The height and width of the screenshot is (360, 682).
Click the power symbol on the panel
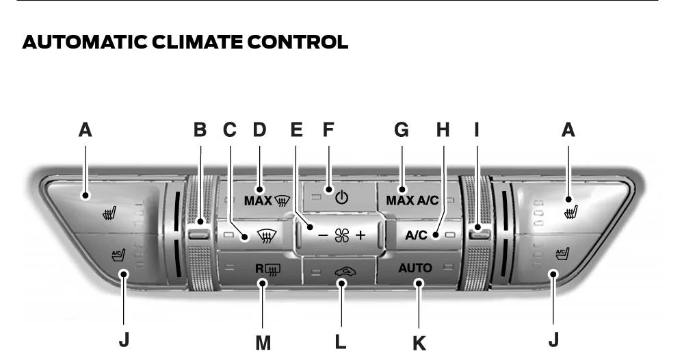click(342, 198)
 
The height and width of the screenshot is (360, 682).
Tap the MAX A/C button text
click(412, 201)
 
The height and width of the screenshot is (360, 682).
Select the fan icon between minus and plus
click(342, 235)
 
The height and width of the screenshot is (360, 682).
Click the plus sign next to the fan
click(360, 235)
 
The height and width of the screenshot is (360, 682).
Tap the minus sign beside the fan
click(323, 235)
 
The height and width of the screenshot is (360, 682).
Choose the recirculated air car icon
click(345, 272)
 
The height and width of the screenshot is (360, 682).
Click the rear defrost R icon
click(268, 270)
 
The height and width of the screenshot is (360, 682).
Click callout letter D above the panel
click(260, 130)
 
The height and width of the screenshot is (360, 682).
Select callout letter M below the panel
click(263, 343)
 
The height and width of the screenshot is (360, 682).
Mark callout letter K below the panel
click(419, 344)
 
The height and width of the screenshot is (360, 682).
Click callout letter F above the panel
click(328, 130)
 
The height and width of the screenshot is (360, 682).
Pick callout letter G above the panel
click(402, 130)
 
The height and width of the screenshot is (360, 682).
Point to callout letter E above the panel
click(296, 130)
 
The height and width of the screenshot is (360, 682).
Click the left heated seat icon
click(109, 213)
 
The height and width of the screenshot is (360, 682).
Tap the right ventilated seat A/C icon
click(562, 253)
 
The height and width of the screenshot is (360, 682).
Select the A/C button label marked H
click(417, 235)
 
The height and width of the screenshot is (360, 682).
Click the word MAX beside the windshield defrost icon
click(258, 201)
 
